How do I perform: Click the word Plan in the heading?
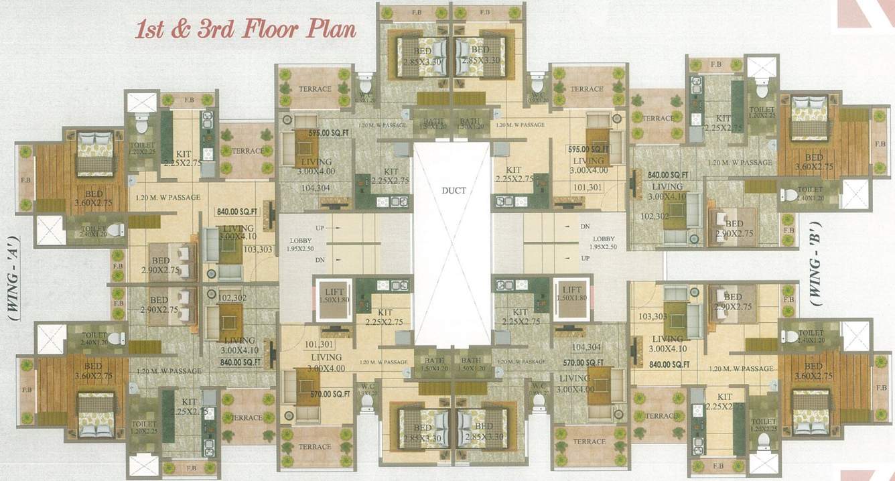point(329,30)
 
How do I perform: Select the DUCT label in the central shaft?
point(454,190)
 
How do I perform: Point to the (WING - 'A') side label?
point(13,279)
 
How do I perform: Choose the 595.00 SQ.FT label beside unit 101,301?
point(588,149)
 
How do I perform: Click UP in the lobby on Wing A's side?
point(320,228)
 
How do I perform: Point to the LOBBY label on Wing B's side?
point(604,239)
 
